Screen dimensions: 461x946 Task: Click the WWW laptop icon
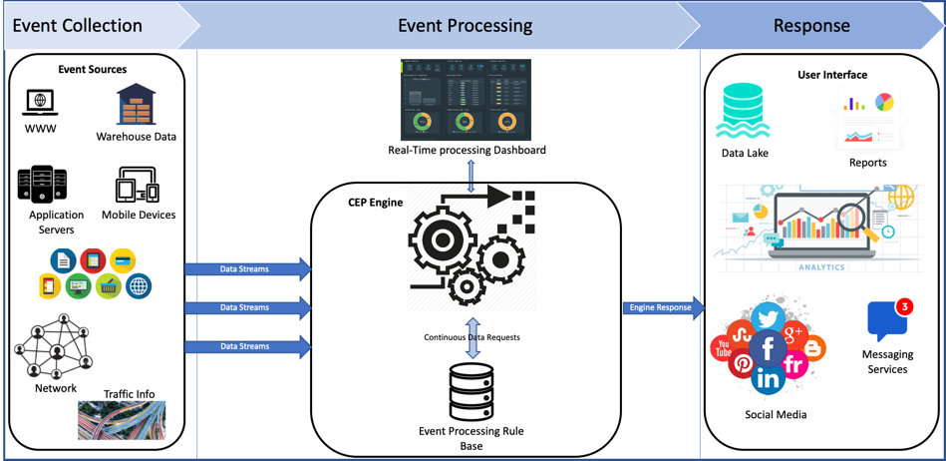pyautogui.click(x=40, y=102)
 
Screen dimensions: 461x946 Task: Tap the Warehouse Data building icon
pyautogui.click(x=136, y=105)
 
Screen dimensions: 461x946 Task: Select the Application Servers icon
pyautogui.click(x=42, y=185)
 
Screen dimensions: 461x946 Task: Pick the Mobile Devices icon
pyautogui.click(x=138, y=186)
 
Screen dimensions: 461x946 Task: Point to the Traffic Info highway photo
pyautogui.click(x=122, y=420)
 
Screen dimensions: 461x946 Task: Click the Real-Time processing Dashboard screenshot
pyautogui.click(x=466, y=100)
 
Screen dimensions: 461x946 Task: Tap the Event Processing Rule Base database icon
pyautogui.click(x=472, y=392)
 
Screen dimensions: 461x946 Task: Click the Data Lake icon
pyautogui.click(x=744, y=111)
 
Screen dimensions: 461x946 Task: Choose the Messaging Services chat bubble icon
pyautogui.click(x=885, y=322)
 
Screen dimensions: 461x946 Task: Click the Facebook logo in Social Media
pyautogui.click(x=768, y=348)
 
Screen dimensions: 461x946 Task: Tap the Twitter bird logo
pyautogui.click(x=769, y=317)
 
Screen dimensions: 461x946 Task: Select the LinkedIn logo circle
pyautogui.click(x=769, y=379)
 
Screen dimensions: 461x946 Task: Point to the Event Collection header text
pyautogui.click(x=77, y=26)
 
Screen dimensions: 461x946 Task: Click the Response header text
pyautogui.click(x=811, y=26)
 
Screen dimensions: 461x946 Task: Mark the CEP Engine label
pyautogui.click(x=375, y=203)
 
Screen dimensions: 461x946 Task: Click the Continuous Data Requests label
pyautogui.click(x=472, y=337)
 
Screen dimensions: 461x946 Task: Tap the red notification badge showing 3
pyautogui.click(x=904, y=306)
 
